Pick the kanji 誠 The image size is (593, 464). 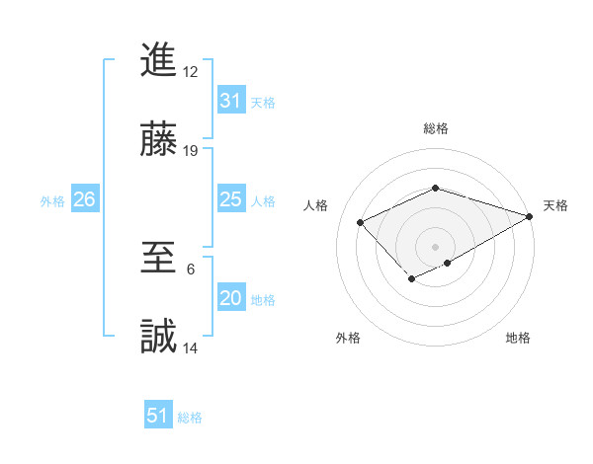pos(159,337)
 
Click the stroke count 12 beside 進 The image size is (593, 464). pos(191,71)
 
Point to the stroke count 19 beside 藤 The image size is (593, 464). pos(191,151)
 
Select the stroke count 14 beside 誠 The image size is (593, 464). pos(191,348)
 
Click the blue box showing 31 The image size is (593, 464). pos(230,101)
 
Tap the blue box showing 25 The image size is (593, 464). pos(230,200)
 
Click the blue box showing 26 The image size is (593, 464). pos(84,200)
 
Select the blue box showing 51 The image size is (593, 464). pos(158,416)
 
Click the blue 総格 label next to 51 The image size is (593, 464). pos(190,418)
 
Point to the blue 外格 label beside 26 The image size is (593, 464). pos(52,201)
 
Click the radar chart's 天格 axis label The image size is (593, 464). pos(555,205)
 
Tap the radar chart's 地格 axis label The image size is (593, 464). pos(518,338)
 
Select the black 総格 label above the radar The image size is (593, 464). pos(435,128)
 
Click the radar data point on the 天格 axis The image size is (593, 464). pos(531,215)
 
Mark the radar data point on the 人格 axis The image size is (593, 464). pos(361,222)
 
